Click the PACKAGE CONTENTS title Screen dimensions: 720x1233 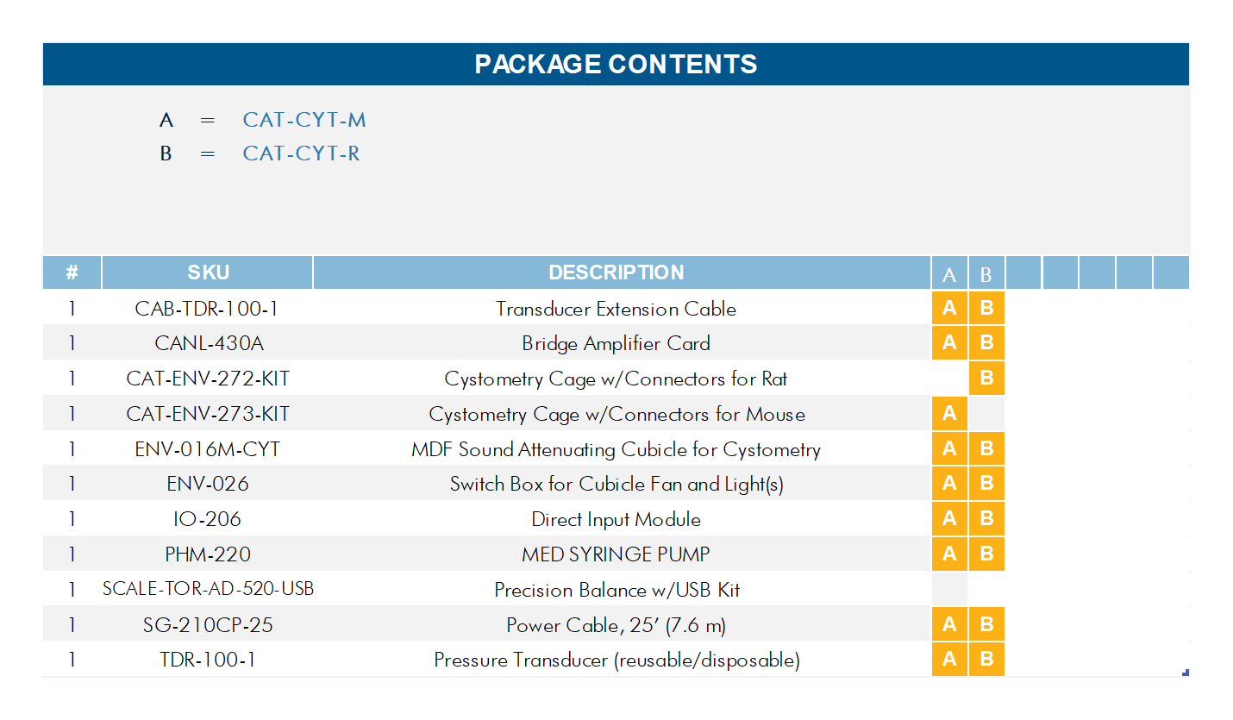pos(616,64)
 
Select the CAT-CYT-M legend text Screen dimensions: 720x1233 pos(304,120)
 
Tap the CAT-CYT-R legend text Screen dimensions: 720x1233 pos(301,153)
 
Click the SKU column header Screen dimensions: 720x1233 pos(208,272)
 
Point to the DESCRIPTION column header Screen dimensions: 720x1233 pos(616,272)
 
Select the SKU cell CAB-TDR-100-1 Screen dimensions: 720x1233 pos(207,309)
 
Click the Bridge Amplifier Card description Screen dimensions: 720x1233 pos(616,343)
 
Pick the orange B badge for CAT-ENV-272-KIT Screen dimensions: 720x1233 pos(986,378)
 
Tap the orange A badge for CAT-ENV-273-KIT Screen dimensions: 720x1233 pos(949,413)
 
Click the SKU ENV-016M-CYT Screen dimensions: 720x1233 pos(207,449)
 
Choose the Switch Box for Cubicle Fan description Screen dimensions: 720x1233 pos(616,484)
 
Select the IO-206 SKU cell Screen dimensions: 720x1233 pos(207,519)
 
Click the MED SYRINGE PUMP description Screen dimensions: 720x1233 pos(616,554)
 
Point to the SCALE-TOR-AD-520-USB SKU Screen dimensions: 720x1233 pos(208,589)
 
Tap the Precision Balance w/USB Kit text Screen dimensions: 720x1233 pos(616,590)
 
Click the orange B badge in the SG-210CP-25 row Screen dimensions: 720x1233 pos(986,624)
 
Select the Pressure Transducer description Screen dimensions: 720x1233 pos(616,661)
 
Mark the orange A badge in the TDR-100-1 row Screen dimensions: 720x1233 pos(949,660)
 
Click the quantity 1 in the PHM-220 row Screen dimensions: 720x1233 pos(72,554)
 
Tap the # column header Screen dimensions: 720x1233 pos(72,272)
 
